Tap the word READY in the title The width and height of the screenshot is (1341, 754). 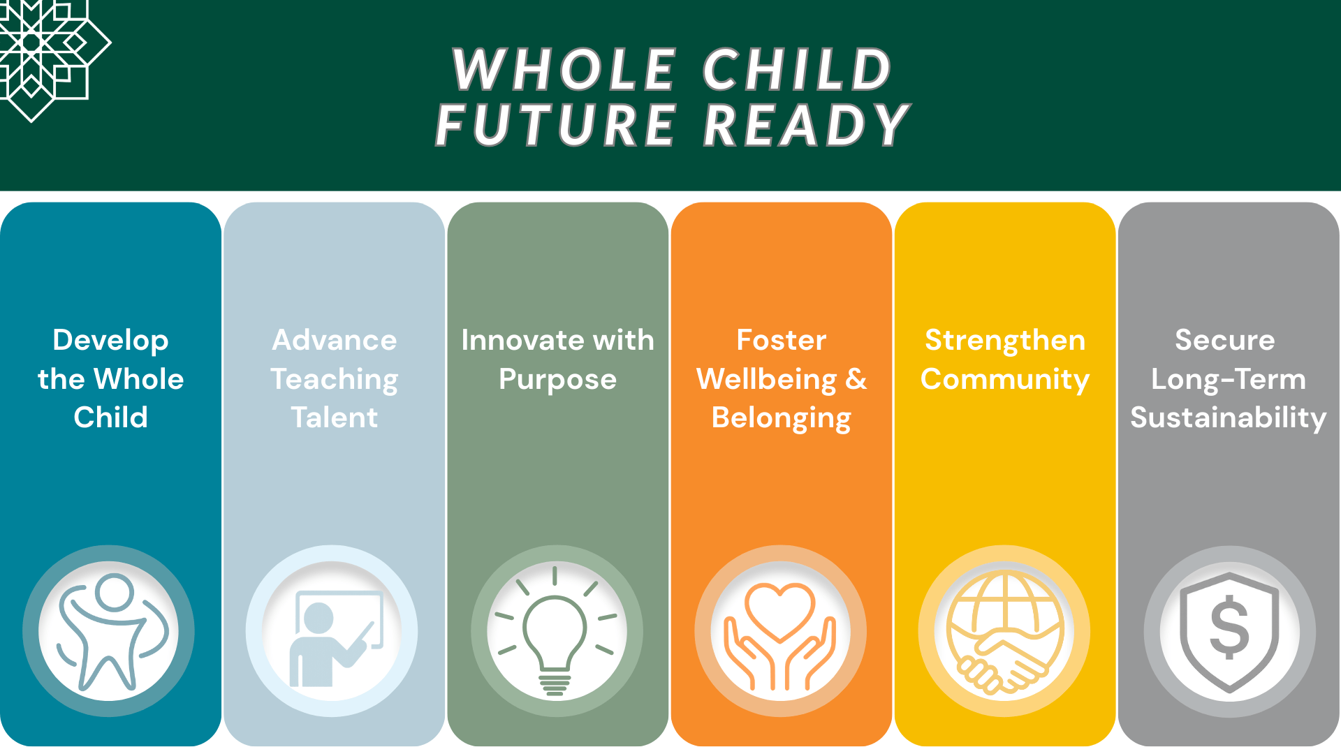[806, 126]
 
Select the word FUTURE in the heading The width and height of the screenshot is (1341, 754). [556, 126]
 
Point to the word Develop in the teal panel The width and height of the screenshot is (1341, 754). [110, 341]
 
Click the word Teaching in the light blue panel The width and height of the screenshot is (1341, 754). [335, 379]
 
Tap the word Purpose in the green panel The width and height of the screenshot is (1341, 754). [557, 379]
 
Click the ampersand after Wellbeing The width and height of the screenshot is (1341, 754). [856, 379]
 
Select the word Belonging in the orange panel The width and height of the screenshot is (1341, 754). [781, 417]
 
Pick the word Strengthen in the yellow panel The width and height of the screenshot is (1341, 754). [1004, 341]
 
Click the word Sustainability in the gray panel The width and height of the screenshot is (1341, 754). [1228, 417]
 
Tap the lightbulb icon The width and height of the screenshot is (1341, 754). [555, 632]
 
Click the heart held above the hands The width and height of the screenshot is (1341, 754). [779, 609]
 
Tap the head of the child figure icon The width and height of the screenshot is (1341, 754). [114, 592]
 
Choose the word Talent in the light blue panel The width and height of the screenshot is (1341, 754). [335, 417]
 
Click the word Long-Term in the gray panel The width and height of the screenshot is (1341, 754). [1228, 379]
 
